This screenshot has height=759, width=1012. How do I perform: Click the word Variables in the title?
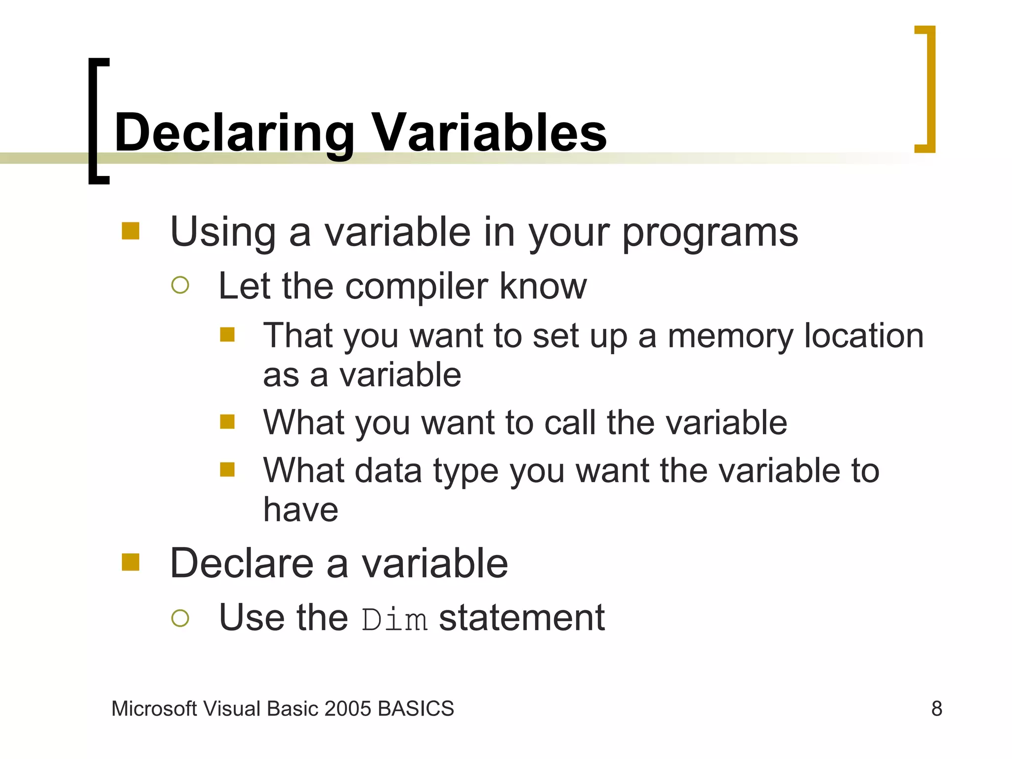(x=489, y=132)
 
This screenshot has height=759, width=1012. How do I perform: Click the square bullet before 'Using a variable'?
(x=130, y=231)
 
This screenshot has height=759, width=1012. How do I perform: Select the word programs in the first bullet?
(x=710, y=233)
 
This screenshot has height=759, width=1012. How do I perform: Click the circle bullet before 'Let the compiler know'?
(x=180, y=285)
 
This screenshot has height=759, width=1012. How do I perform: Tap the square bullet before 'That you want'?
(x=227, y=335)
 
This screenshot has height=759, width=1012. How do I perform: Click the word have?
(x=300, y=509)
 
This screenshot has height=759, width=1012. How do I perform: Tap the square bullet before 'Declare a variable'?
(x=130, y=562)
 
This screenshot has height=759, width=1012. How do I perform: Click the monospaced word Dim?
(x=394, y=620)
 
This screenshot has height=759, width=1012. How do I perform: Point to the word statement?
(x=522, y=618)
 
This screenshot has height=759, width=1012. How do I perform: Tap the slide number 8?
(x=936, y=709)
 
